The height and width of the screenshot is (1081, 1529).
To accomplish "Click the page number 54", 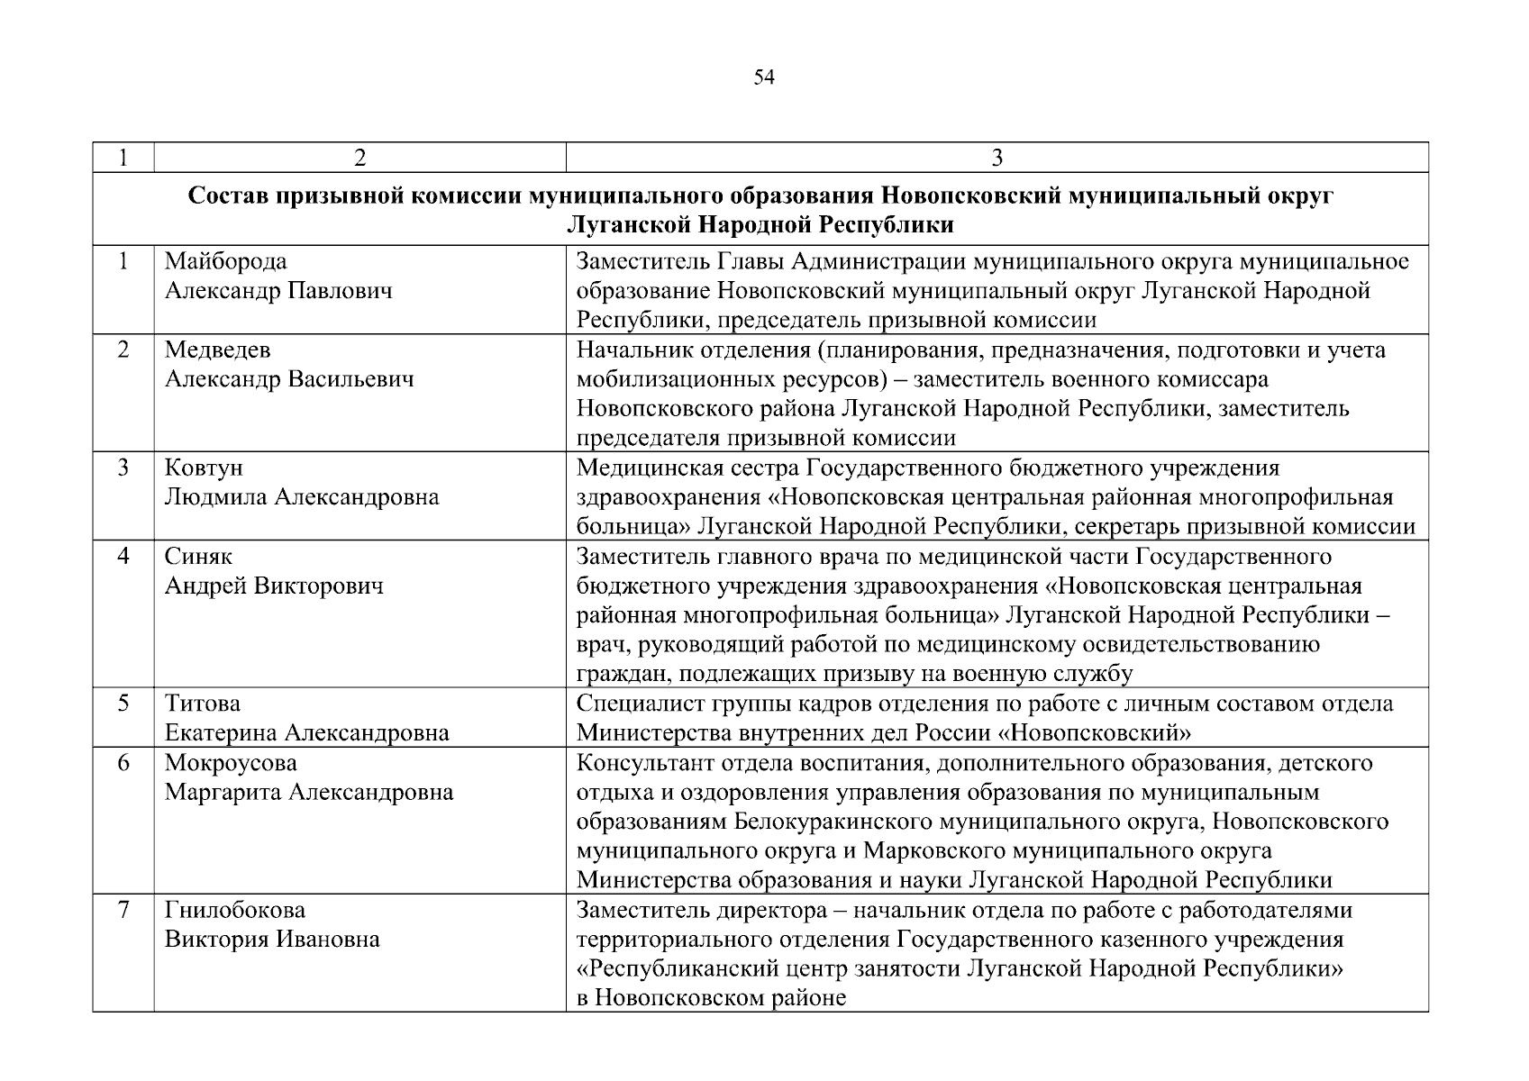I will pyautogui.click(x=763, y=78).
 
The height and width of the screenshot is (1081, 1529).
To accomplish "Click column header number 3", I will pyautogui.click(x=997, y=158).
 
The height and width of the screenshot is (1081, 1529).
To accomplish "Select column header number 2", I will pyautogui.click(x=359, y=158).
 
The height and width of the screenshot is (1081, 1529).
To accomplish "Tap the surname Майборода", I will pyautogui.click(x=226, y=262).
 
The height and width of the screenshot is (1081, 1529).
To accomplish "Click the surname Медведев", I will pyautogui.click(x=217, y=350).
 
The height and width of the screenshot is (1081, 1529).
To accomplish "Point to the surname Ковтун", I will pyautogui.click(x=204, y=468).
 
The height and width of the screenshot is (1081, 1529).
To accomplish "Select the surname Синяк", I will pyautogui.click(x=198, y=557).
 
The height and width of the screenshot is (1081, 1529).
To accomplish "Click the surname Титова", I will pyautogui.click(x=203, y=704).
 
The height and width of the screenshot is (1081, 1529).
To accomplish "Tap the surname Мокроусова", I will pyautogui.click(x=231, y=763).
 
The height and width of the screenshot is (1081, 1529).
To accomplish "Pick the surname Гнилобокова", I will pyautogui.click(x=235, y=910).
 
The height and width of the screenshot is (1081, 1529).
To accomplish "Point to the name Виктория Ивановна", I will pyautogui.click(x=272, y=940).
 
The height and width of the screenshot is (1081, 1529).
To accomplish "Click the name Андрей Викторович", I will pyautogui.click(x=274, y=586).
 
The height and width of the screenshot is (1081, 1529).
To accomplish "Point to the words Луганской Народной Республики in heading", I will pyautogui.click(x=760, y=225).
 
